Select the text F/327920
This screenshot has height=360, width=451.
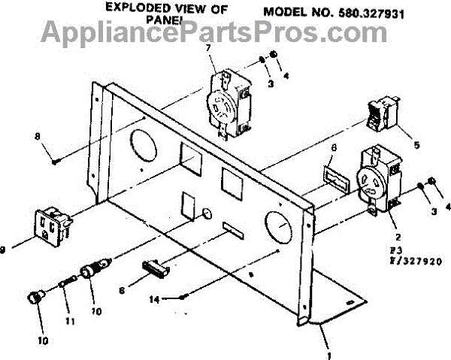pos(413,261)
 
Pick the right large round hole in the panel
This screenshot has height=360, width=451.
pos(278,225)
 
